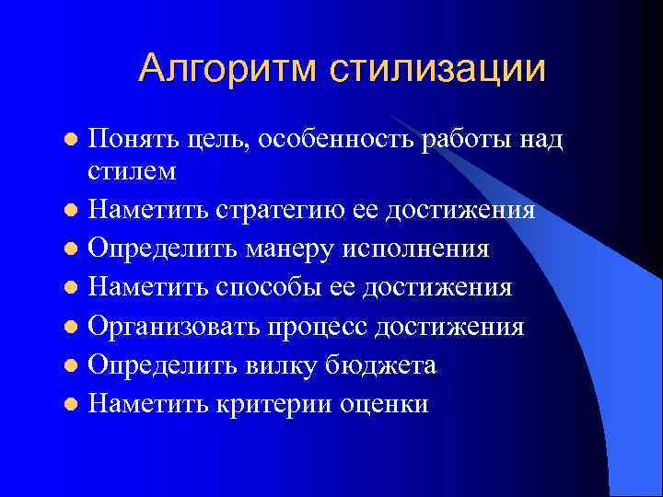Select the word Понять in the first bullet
click(x=134, y=139)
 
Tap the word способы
click(x=259, y=287)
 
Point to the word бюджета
click(x=379, y=364)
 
